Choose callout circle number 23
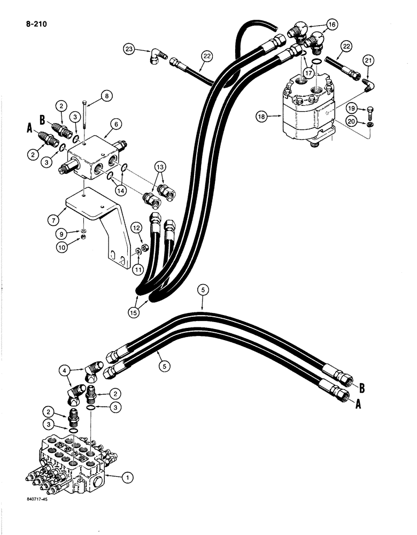(x=129, y=49)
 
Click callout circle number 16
(x=331, y=25)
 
